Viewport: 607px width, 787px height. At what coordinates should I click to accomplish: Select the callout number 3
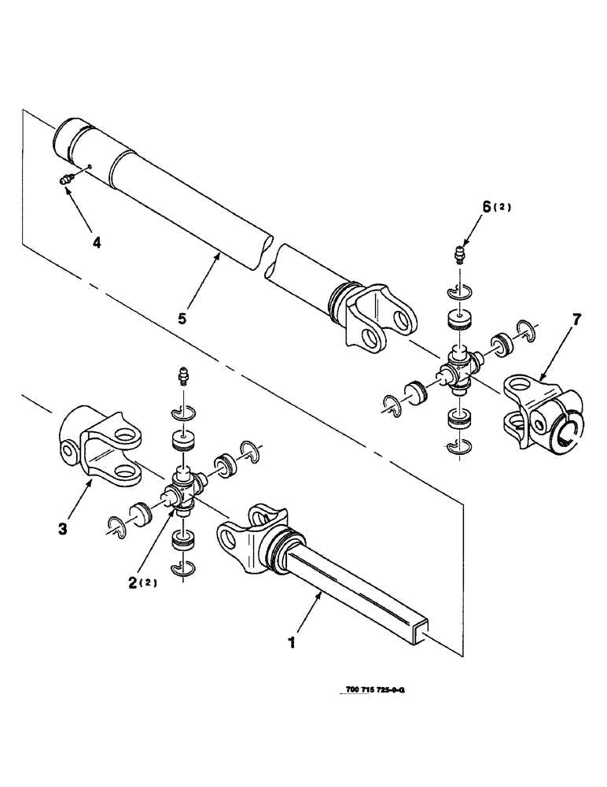pos(63,528)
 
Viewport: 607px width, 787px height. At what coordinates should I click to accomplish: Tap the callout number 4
pos(96,243)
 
